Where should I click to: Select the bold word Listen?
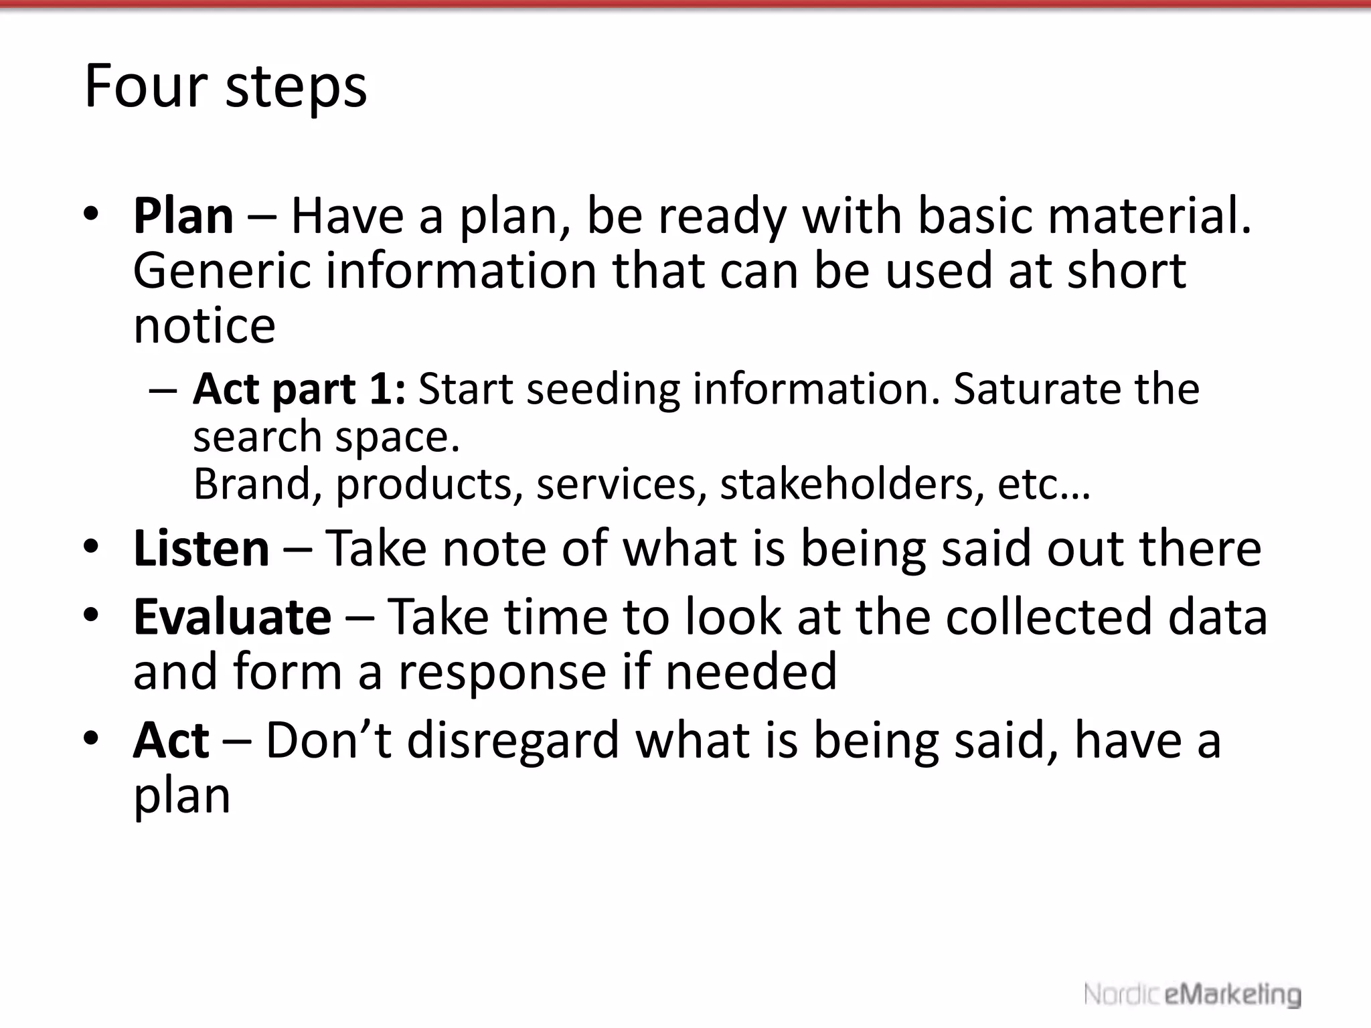(x=201, y=548)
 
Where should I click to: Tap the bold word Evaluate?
(x=232, y=616)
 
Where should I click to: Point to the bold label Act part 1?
(x=299, y=389)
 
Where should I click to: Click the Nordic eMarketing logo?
(x=1192, y=995)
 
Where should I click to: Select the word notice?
(x=204, y=326)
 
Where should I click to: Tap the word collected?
(x=1048, y=616)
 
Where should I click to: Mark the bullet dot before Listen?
(x=92, y=547)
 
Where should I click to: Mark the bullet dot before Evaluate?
(x=92, y=615)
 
